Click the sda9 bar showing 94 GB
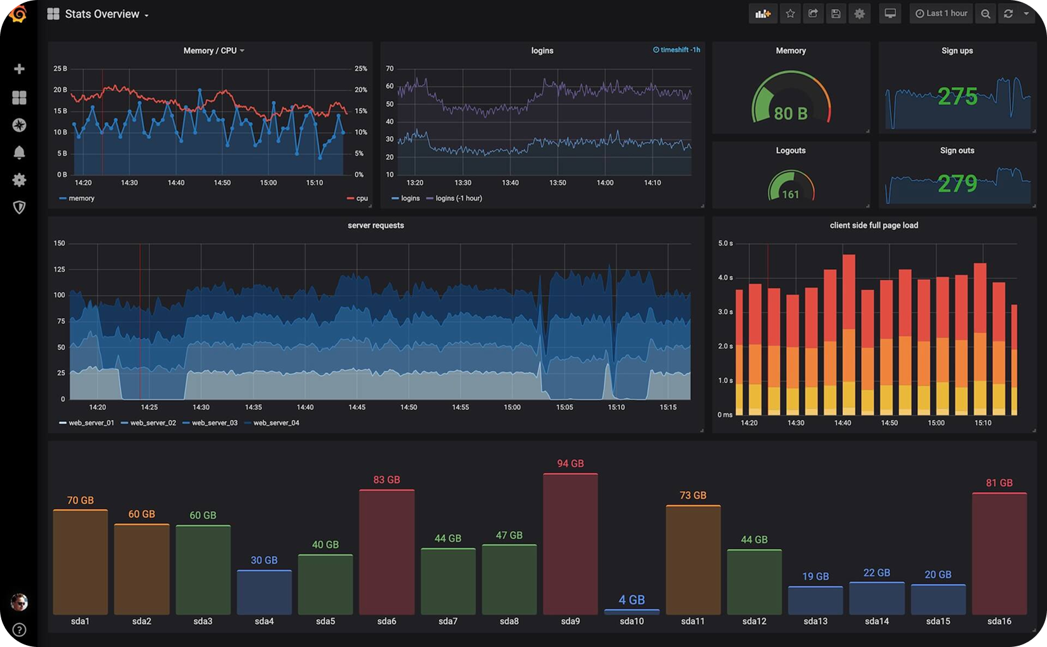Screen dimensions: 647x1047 pos(570,544)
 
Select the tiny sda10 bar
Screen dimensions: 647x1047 pos(631,611)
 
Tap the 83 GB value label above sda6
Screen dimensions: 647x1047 pos(387,480)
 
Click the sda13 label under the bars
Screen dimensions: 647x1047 pos(815,621)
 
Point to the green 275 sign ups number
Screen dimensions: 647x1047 pos(957,97)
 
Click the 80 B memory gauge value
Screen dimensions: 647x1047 pos(790,114)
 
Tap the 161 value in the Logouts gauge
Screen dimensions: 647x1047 pos(790,195)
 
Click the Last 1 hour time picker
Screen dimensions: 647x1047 pos(941,13)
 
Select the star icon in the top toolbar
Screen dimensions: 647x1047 pos(790,13)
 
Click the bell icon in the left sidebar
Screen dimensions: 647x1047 pos(19,153)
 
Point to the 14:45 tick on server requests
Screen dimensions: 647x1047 pos(357,407)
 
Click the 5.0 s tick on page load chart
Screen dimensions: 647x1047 pos(725,243)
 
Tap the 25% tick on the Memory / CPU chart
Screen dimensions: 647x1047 pos(360,68)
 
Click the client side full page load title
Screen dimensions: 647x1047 pos(873,225)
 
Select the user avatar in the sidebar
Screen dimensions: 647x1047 pos(19,602)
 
